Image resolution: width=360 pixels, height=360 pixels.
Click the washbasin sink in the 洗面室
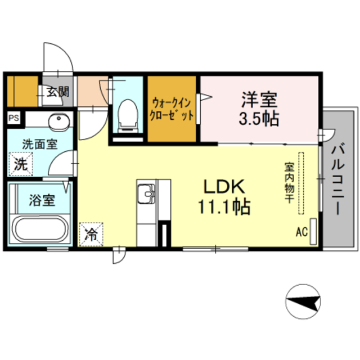(57, 122)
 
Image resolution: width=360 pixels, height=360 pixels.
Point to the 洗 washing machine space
(20, 165)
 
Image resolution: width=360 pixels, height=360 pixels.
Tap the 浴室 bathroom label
(42, 200)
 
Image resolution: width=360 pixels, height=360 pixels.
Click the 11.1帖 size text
(224, 207)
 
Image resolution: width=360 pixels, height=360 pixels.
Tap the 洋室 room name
(259, 101)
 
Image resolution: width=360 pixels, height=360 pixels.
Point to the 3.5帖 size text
(259, 119)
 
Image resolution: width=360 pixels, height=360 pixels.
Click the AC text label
(301, 232)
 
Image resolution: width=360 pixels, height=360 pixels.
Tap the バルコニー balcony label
(337, 179)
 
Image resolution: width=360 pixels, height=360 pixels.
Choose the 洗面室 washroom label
(40, 144)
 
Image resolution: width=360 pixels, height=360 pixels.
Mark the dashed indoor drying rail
(300, 183)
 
